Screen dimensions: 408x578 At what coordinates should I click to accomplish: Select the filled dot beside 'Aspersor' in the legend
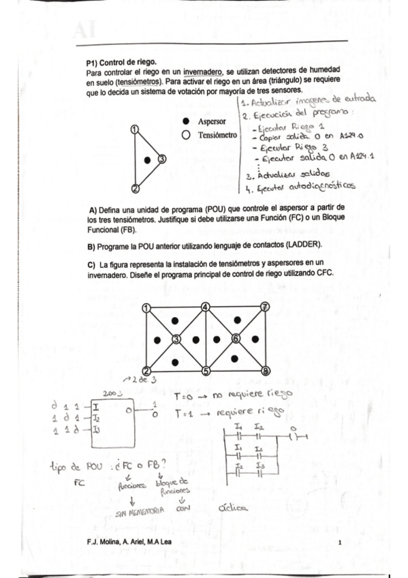click(x=185, y=121)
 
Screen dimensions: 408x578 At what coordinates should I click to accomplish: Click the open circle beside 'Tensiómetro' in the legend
click(x=185, y=135)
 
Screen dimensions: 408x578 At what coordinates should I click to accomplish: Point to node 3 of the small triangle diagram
click(x=161, y=159)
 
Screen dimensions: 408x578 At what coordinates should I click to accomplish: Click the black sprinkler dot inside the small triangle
click(x=146, y=160)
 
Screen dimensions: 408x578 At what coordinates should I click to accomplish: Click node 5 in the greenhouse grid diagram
click(x=206, y=371)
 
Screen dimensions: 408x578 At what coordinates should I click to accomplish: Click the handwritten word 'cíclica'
click(x=234, y=507)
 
